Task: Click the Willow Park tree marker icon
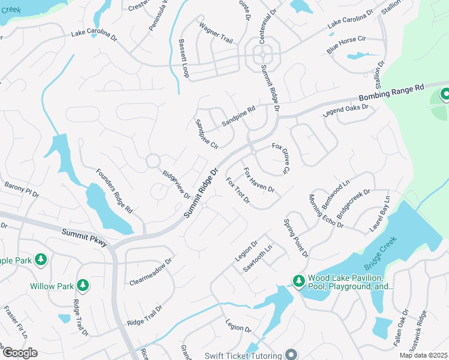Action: point(83,285)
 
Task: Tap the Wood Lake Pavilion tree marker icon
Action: point(298,280)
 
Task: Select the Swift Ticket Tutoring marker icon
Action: point(292,354)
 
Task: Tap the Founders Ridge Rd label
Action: point(114,191)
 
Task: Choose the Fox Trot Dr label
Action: point(238,190)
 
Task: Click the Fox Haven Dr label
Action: point(259,180)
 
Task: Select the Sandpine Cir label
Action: point(206,134)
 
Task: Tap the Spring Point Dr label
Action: point(296,238)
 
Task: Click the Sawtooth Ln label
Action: point(258,259)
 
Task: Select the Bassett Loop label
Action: point(183,58)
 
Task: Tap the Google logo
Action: point(19,353)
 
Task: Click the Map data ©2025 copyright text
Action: point(423,355)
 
